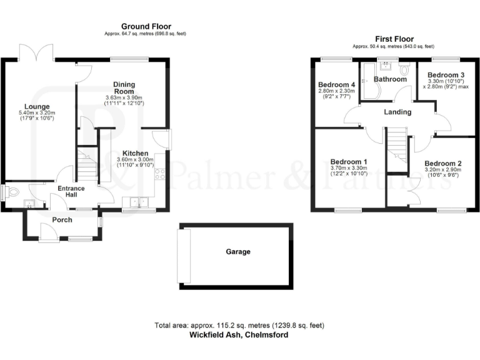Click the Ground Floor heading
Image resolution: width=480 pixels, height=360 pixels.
[145, 26]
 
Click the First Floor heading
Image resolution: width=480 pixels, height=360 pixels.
[393, 39]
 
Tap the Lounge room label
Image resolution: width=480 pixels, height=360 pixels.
[37, 106]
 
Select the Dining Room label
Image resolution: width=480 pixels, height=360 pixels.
[124, 87]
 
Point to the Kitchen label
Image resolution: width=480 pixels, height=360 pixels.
[135, 153]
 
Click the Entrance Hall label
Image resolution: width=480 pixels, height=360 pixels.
[71, 192]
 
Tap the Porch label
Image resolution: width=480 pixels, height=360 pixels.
[62, 220]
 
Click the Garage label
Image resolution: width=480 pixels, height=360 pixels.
[238, 252]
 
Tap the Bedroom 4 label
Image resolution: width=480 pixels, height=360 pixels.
[336, 84]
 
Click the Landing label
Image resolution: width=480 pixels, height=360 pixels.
[397, 112]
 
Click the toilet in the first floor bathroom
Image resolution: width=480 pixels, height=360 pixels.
[403, 74]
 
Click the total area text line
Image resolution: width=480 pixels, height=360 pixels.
[239, 326]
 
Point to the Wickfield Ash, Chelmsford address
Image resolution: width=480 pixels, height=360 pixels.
[239, 335]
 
